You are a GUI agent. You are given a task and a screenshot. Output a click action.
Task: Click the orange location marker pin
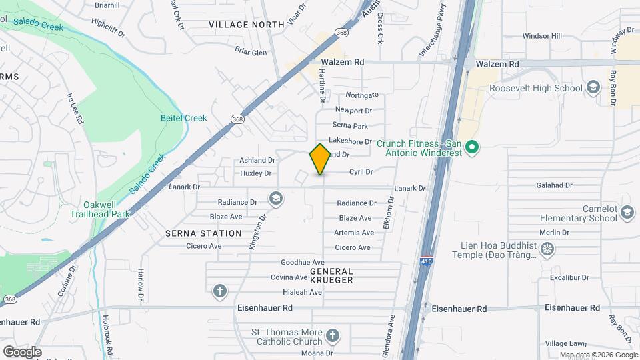[x=320, y=159]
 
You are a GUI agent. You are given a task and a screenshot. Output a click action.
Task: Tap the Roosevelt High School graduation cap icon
[x=592, y=88]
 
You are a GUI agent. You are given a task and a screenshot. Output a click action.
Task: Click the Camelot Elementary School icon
[x=627, y=213]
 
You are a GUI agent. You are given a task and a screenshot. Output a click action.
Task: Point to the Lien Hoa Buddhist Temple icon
[x=547, y=249]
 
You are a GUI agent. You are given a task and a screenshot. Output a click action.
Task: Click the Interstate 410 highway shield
[x=425, y=261]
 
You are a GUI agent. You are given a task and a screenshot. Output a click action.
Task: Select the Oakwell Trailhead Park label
[x=101, y=209]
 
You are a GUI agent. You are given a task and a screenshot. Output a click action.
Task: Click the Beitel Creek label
[x=183, y=118]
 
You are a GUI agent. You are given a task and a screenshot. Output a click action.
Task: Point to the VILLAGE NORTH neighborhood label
[x=237, y=25]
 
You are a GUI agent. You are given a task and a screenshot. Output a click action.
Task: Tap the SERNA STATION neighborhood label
[x=203, y=233]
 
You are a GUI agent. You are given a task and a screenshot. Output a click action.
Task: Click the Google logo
[x=22, y=351]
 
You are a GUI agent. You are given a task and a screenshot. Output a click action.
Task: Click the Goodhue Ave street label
[x=302, y=263]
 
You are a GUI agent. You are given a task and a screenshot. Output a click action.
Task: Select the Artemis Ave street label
[x=354, y=233]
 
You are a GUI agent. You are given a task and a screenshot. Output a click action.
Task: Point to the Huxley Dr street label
[x=255, y=173]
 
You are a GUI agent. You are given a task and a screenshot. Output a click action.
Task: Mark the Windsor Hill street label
[x=542, y=36]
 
